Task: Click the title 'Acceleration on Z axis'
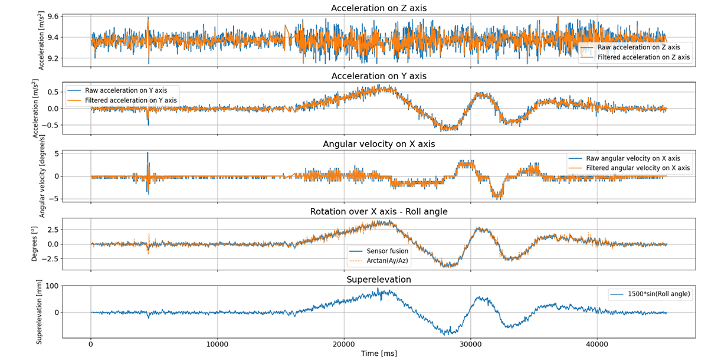pyautogui.click(x=379, y=8)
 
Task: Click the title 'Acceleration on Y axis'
pyautogui.click(x=379, y=76)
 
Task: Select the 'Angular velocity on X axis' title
pyautogui.click(x=379, y=144)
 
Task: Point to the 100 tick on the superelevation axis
pyautogui.click(x=72, y=286)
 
